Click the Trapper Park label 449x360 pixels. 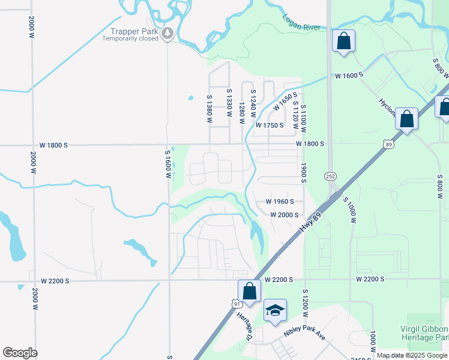[x=133, y=31]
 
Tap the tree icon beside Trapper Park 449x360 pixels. [x=168, y=34]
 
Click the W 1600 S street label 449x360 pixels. [x=350, y=76]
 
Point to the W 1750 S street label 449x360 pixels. [x=269, y=125]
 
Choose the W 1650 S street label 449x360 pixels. [x=285, y=101]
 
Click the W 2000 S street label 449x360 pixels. [x=285, y=215]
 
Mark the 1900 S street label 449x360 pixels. [x=304, y=172]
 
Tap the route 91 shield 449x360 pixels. [x=237, y=304]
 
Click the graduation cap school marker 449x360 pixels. [x=275, y=311]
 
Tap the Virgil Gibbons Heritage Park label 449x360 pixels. [x=424, y=334]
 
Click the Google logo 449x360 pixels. [x=20, y=353]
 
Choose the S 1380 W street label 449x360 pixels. [x=210, y=109]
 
